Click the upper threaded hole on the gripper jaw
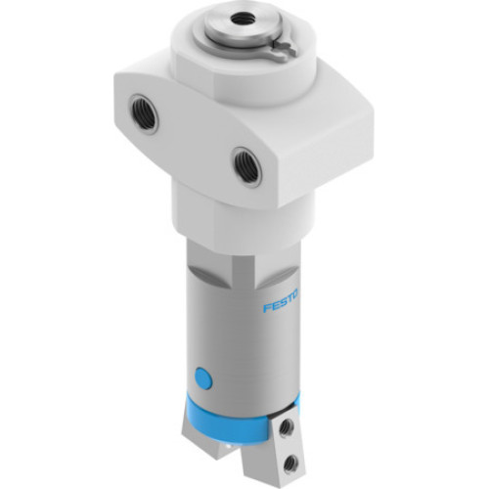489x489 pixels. coord(286,427)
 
